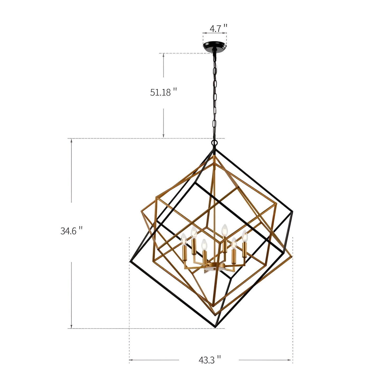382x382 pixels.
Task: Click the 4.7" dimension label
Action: [x=218, y=28]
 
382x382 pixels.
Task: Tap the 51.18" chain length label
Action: [x=163, y=92]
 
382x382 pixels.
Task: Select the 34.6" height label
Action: [x=71, y=231]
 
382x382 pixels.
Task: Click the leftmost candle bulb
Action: [x=184, y=239]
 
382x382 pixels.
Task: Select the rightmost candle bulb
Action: [x=245, y=236]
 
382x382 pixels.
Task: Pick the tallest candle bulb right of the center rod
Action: [x=224, y=230]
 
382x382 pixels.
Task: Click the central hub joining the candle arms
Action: [x=214, y=266]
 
